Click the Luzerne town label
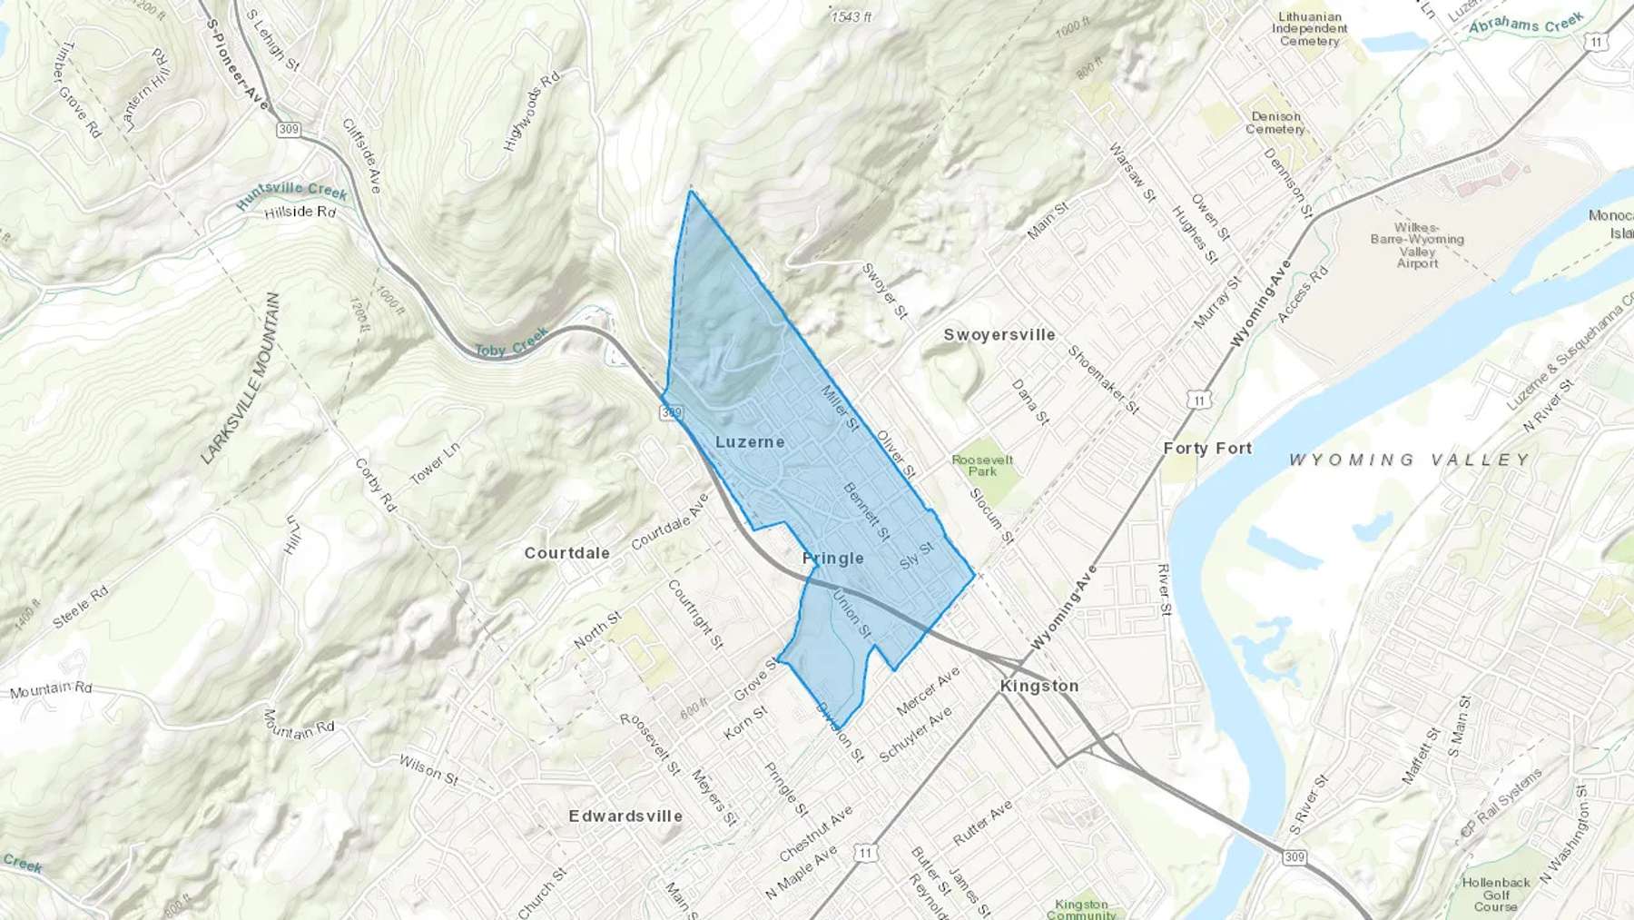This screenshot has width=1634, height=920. [x=750, y=442]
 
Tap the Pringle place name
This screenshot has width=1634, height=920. [x=832, y=558]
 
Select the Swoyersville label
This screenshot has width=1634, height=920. [x=999, y=334]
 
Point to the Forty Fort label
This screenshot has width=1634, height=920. [x=1207, y=448]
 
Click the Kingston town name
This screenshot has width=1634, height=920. [x=1039, y=686]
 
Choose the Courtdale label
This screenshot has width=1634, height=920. [x=566, y=552]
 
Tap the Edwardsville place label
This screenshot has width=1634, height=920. [x=625, y=816]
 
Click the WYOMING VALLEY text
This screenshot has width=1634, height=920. [x=1410, y=460]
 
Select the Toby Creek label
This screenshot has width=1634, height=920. [x=511, y=343]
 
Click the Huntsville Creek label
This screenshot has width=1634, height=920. [x=292, y=194]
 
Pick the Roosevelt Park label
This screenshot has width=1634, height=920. [x=982, y=465]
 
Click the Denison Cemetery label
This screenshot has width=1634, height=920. [x=1275, y=123]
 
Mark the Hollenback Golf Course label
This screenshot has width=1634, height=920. [x=1496, y=894]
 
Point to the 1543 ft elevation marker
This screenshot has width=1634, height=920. [x=851, y=16]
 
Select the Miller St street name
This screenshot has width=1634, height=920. [x=840, y=408]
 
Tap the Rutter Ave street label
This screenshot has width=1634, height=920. [x=982, y=823]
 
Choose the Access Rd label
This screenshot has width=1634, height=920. [x=1303, y=293]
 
